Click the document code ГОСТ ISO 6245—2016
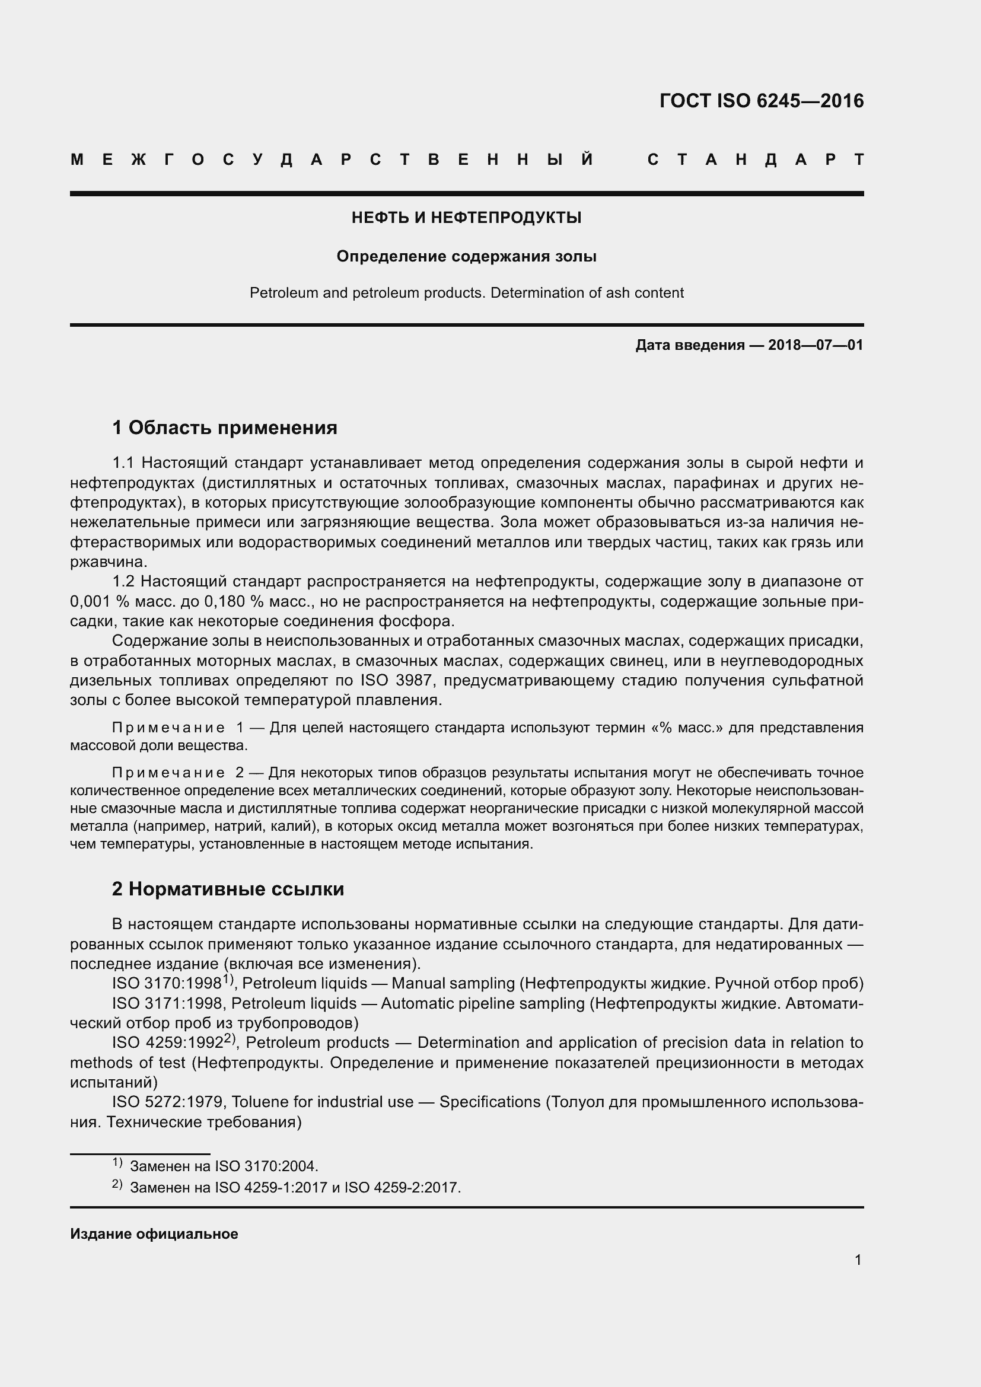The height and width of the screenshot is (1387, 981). (x=761, y=100)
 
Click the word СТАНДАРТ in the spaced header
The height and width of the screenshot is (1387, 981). (x=755, y=160)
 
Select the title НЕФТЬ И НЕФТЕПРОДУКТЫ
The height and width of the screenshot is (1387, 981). (x=466, y=218)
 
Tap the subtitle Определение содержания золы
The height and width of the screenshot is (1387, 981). (x=466, y=256)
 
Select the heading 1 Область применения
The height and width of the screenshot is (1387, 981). (x=225, y=428)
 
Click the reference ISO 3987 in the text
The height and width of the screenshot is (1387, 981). (x=396, y=680)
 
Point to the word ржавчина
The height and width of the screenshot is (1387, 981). (x=107, y=562)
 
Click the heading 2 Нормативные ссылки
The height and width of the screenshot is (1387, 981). (x=228, y=889)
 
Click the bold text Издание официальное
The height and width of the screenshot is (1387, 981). (x=154, y=1233)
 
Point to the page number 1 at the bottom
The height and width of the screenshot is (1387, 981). (x=858, y=1260)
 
